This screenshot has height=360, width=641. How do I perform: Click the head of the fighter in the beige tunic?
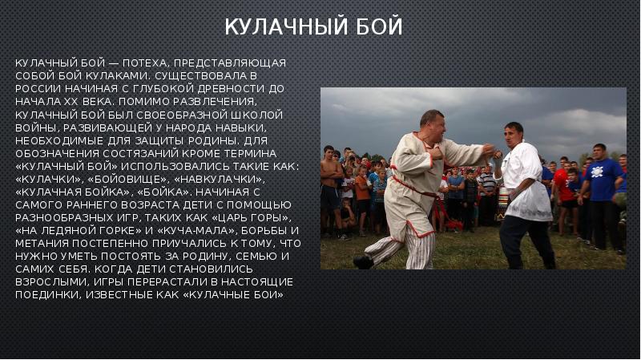pyautogui.click(x=431, y=123)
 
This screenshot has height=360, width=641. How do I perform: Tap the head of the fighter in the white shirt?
pyautogui.click(x=513, y=133)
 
